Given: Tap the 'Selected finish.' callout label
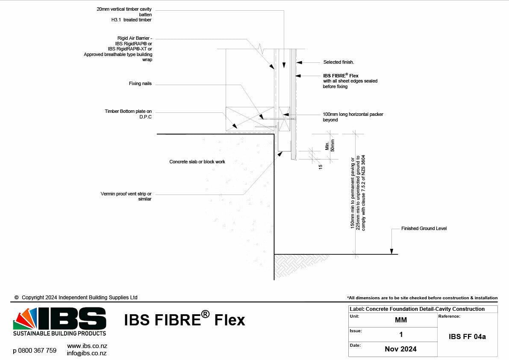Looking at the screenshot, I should click(338, 62).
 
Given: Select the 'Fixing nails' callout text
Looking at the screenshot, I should click(140, 84).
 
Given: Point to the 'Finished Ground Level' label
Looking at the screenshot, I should click(424, 229).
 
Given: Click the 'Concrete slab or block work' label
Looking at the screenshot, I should click(197, 162).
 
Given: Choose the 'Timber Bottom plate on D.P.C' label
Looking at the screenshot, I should click(128, 114).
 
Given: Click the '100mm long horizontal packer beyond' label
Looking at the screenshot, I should click(353, 117).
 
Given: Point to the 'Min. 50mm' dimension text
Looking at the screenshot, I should click(330, 145).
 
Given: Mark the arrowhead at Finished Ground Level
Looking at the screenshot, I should click(391, 252).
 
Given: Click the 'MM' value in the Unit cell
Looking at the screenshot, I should click(401, 320).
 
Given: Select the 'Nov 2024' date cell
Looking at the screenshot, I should click(400, 349).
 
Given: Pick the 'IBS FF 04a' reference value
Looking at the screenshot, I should click(467, 336).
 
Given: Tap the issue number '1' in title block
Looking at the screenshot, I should click(400, 334).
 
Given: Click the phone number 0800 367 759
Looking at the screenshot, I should click(35, 351).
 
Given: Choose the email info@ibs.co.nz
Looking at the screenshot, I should click(87, 353).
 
